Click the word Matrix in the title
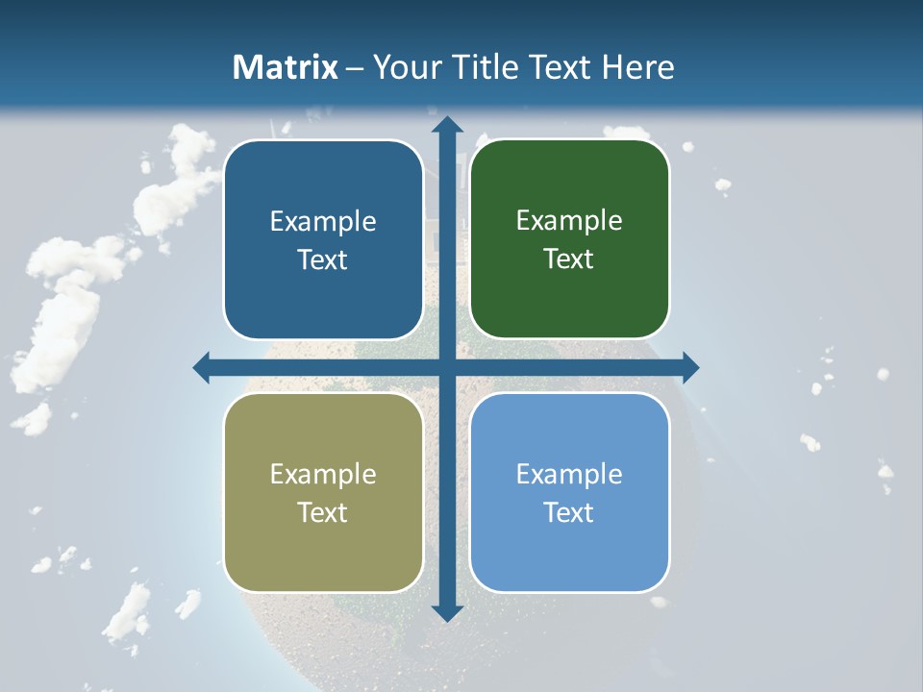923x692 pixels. (286, 67)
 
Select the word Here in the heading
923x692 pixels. (637, 67)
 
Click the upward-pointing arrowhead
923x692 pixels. (446, 125)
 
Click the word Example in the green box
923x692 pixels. (569, 221)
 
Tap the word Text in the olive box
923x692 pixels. (322, 512)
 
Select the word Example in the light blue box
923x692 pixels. (569, 474)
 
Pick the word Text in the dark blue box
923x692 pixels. (322, 259)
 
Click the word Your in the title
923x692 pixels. (405, 67)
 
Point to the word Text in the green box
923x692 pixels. (568, 259)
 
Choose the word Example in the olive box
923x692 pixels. (323, 474)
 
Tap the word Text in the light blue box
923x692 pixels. (568, 512)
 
